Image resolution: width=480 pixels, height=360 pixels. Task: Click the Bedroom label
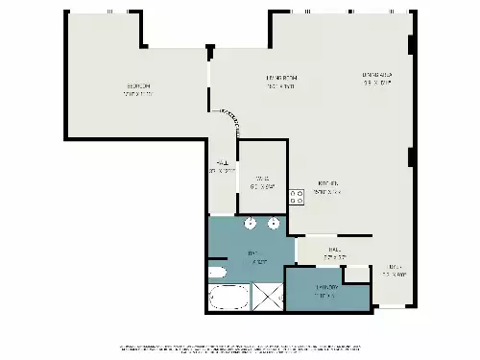coord(138,90)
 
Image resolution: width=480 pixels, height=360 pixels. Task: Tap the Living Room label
coord(281,82)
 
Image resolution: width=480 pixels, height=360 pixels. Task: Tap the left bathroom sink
coord(250,225)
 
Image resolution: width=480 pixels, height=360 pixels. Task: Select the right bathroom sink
coord(274,225)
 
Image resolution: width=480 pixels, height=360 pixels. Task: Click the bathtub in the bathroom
coord(228,298)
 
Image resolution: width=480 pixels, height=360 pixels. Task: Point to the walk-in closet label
coord(262,180)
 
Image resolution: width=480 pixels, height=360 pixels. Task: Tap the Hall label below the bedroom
coord(223,167)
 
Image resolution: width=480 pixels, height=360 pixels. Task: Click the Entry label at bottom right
coord(395,270)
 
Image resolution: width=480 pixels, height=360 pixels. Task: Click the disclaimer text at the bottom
coord(240,347)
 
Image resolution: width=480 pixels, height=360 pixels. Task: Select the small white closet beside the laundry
coord(357,275)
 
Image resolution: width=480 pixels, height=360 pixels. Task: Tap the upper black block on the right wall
coord(410,44)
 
